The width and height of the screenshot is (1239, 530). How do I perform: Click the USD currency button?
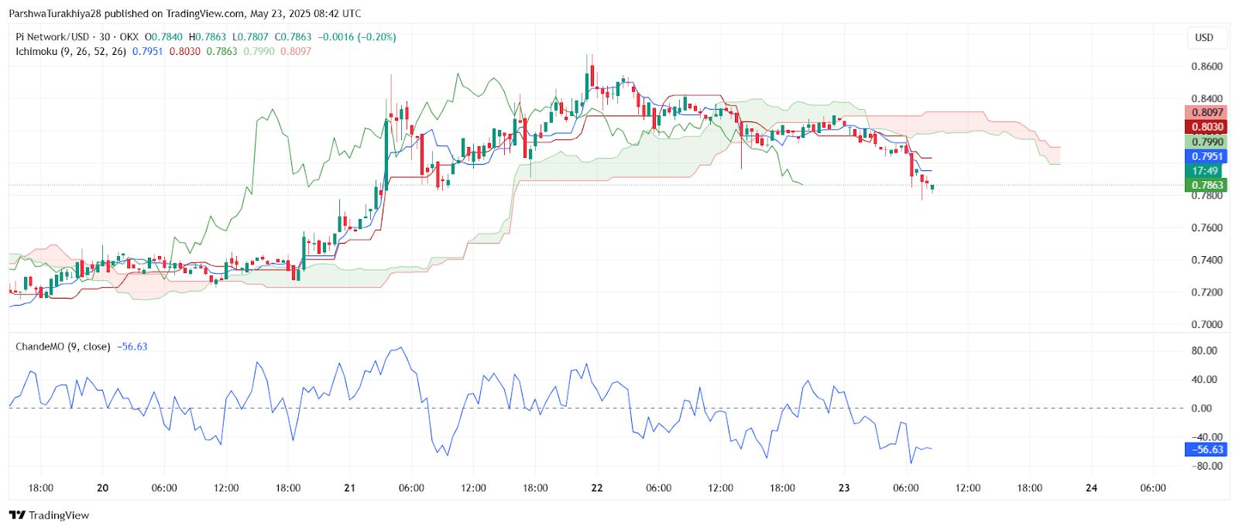1204,37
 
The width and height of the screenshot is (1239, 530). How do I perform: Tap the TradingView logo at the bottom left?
50,515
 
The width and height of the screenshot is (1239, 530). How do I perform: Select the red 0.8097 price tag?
1206,112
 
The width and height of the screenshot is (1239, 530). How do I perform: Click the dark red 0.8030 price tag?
1206,127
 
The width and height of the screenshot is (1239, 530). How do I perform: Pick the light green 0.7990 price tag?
1206,142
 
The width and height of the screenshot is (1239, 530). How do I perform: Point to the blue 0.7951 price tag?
1206,156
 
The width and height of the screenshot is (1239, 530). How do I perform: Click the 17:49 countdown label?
1206,171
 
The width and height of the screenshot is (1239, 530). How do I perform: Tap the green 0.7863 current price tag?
1206,186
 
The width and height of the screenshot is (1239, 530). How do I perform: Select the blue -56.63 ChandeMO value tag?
1206,450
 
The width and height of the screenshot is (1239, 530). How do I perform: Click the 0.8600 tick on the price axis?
1206,67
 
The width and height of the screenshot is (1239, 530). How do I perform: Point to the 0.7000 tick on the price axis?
1206,325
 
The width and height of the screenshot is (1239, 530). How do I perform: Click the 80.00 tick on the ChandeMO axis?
1204,350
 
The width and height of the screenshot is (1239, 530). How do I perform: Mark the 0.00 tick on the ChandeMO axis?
1201,409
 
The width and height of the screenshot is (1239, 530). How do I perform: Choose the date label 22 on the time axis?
596,488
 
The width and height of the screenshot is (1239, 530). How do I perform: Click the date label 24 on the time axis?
1091,488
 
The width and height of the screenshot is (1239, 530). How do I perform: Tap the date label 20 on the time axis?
102,488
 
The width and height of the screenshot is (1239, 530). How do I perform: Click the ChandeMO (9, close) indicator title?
63,347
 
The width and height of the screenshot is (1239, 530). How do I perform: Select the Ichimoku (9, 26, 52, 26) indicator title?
70,51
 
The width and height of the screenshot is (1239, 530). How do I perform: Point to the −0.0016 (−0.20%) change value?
357,37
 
